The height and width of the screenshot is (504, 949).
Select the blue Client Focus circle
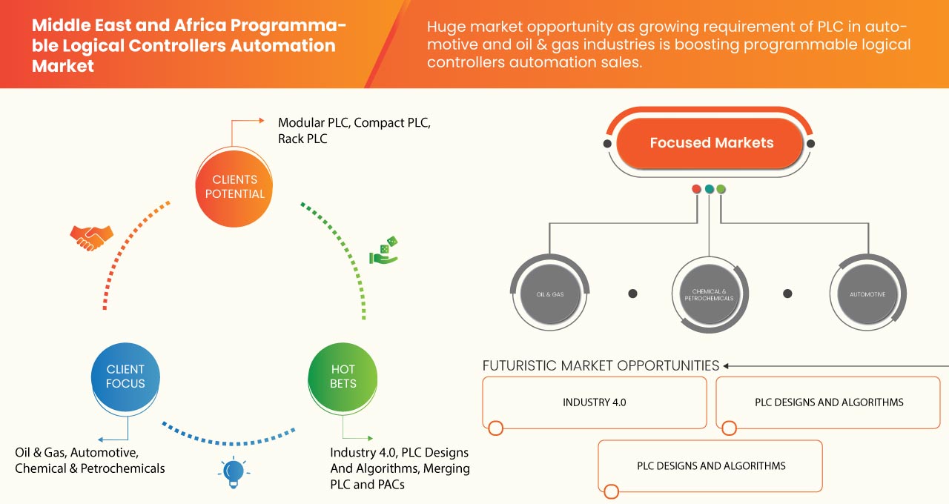(125, 376)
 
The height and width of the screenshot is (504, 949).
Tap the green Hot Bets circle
(343, 376)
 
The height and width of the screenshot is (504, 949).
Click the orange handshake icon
(91, 237)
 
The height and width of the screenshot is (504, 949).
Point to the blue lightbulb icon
(234, 472)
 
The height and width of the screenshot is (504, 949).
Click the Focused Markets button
(710, 143)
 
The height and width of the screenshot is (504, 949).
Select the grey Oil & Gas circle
(550, 294)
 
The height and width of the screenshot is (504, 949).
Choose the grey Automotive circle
(867, 294)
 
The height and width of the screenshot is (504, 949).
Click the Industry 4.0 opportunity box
(594, 402)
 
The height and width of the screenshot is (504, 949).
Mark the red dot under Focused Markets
(696, 189)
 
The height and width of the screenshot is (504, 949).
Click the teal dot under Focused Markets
(709, 189)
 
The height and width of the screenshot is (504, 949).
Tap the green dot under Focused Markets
(721, 189)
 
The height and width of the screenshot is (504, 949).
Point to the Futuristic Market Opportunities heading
(601, 365)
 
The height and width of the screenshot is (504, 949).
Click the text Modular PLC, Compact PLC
(354, 122)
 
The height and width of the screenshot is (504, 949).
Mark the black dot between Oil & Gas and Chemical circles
(632, 294)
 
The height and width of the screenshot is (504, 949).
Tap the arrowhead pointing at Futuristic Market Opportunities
(727, 365)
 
